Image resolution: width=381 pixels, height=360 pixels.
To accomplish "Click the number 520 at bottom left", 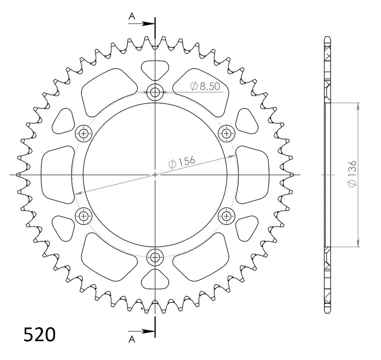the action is click(x=40, y=335).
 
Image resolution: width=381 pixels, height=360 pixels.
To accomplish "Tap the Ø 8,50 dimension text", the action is click(x=205, y=86).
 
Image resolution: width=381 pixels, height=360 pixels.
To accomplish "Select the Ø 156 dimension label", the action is click(x=182, y=162).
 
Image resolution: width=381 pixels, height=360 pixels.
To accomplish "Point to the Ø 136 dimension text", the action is click(x=352, y=174).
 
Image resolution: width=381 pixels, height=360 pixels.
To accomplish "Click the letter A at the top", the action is click(x=132, y=17).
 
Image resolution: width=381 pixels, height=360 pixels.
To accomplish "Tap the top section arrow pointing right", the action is click(x=141, y=23).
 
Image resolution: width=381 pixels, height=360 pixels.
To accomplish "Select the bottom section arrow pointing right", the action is click(x=141, y=331).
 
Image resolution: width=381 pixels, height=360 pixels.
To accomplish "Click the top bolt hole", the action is click(x=155, y=92).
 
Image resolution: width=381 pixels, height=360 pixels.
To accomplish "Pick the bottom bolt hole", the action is click(x=155, y=257).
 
